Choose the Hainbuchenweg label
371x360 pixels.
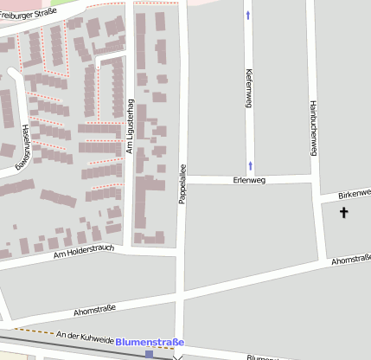click(x=313, y=129)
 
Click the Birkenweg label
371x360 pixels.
click(x=355, y=191)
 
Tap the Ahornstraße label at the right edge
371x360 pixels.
click(x=350, y=259)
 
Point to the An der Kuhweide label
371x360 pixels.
click(x=84, y=336)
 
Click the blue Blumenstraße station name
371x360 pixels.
click(x=150, y=342)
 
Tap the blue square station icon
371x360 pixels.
click(x=150, y=354)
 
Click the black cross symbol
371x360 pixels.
click(x=343, y=212)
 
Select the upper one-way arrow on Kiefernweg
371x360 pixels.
click(x=250, y=15)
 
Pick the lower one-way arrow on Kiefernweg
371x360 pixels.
click(x=250, y=164)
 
